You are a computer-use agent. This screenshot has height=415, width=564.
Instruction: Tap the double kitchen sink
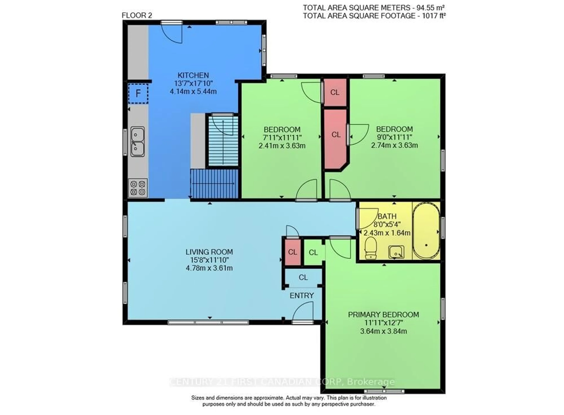[x=137, y=141]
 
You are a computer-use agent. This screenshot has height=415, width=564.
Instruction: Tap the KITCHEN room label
[x=193, y=75]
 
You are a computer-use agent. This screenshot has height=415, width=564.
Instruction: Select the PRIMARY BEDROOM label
[x=383, y=315]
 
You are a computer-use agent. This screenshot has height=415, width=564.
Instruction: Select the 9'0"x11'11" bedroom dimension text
[x=394, y=137]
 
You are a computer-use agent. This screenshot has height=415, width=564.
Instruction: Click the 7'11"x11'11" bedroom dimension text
[x=282, y=137]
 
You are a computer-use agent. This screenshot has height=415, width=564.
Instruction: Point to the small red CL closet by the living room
[x=293, y=252]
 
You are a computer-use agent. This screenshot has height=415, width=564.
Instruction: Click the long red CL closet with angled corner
[x=336, y=135]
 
